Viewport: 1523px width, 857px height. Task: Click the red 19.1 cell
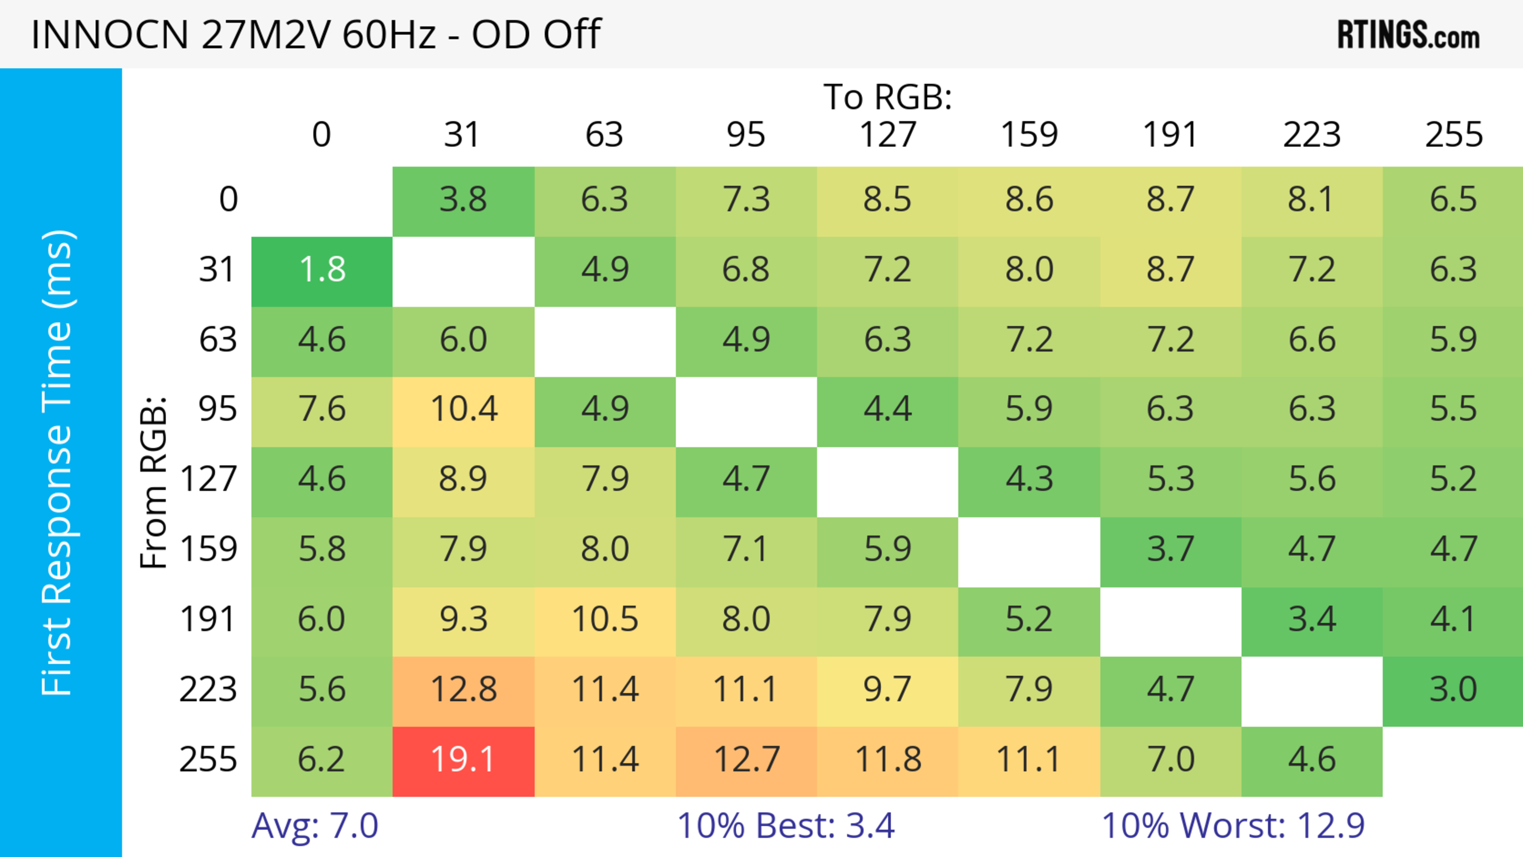[x=463, y=760]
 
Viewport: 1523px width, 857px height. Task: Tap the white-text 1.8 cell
[x=322, y=271]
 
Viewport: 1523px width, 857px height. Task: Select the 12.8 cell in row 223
[x=463, y=690]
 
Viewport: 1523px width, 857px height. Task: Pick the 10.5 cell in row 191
[x=604, y=620]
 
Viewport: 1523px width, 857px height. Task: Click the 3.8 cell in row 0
[x=463, y=200]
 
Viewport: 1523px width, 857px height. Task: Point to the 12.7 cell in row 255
[x=746, y=760]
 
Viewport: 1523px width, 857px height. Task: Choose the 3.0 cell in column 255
[x=1453, y=690]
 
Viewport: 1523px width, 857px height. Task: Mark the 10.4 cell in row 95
[x=463, y=410]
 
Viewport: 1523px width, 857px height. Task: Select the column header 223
[x=1311, y=135]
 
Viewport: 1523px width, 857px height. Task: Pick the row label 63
[x=218, y=340]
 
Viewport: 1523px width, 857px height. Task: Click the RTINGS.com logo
[x=1408, y=35]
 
